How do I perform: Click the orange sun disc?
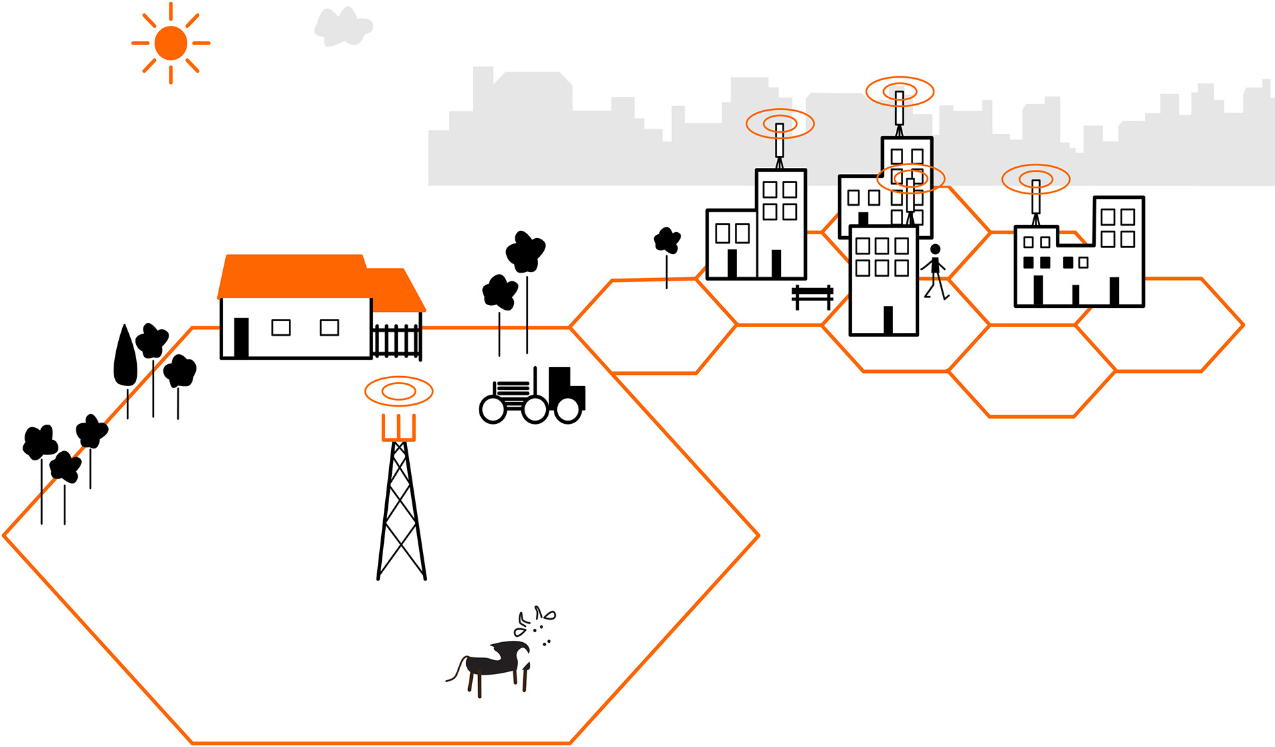tap(171, 43)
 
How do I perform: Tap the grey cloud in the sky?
tap(343, 27)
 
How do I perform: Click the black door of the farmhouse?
tap(241, 338)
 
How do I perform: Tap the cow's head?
tap(523, 656)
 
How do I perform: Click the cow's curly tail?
tap(456, 670)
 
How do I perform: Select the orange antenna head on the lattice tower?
tap(398, 428)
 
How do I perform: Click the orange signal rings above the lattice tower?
tap(398, 391)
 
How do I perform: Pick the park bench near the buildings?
tap(812, 297)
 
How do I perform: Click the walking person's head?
tap(935, 249)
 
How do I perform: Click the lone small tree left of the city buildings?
tap(667, 241)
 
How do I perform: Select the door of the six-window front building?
tap(888, 320)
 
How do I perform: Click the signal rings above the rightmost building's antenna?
tap(1035, 178)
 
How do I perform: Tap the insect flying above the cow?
tap(546, 615)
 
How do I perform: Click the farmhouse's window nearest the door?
tap(281, 327)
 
